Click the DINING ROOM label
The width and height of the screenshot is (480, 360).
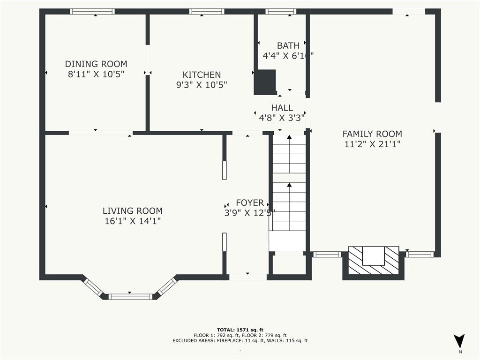96,64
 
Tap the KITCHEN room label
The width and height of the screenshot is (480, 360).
202,75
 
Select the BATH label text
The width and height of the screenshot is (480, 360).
288,45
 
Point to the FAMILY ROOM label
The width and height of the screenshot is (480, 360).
372,134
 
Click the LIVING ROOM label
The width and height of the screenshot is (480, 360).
133,211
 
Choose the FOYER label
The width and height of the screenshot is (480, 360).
249,202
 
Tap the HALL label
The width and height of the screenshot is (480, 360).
282,108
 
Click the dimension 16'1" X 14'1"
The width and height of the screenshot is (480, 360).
133,221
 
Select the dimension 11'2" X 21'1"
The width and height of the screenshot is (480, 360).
372,144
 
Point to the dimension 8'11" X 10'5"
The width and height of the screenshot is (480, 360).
96,74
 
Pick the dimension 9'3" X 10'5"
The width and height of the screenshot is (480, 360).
202,85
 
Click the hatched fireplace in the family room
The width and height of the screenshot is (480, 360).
373,262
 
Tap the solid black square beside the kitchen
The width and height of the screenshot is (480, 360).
265,82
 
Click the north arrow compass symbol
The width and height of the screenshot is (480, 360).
459,341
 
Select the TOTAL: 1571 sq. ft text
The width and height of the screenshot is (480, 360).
240,330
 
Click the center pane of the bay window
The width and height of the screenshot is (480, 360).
130,296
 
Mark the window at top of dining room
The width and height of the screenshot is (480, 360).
92,12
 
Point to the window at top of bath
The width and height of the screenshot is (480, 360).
281,12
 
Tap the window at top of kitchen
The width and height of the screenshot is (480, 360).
207,12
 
